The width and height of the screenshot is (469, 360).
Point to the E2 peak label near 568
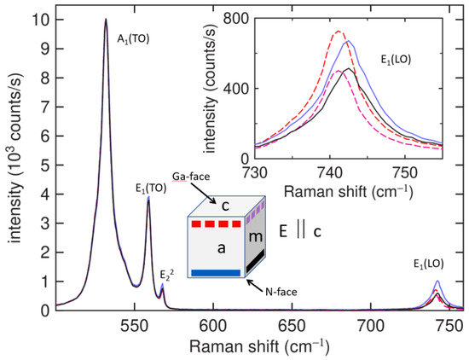pos(164,275)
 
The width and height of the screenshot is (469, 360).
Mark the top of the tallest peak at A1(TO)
pos(106,19)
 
